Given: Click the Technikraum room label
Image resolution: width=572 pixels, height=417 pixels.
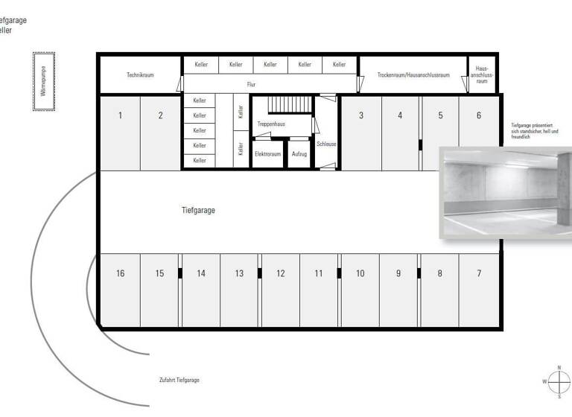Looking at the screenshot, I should [140, 74].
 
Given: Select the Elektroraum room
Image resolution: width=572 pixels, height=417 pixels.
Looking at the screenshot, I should [267, 154].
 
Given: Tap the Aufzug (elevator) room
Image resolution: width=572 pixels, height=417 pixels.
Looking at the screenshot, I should [299, 154].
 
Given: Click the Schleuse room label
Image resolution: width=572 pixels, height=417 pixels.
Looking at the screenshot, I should [326, 144].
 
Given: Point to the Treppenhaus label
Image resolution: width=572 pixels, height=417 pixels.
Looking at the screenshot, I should [272, 124].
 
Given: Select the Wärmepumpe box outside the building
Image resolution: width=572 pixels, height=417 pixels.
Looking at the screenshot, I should [43, 82].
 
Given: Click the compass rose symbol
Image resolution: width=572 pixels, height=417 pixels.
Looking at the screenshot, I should [559, 381].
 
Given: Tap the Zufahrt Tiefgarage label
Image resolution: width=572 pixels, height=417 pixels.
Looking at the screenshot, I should [179, 380].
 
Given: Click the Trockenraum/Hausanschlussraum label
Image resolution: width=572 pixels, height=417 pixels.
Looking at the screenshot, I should [413, 74].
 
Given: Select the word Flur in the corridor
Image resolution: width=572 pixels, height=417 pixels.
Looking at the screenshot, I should [252, 85].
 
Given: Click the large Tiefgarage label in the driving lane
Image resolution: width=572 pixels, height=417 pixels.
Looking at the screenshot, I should [198, 211].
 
